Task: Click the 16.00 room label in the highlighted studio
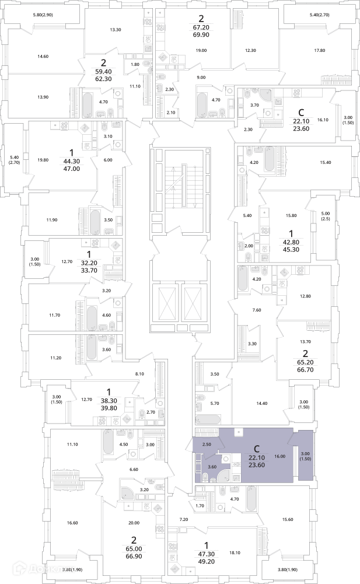(279, 456)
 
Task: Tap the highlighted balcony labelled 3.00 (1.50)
(305, 457)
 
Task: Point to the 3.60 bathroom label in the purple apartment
(212, 467)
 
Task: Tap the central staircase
(177, 187)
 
